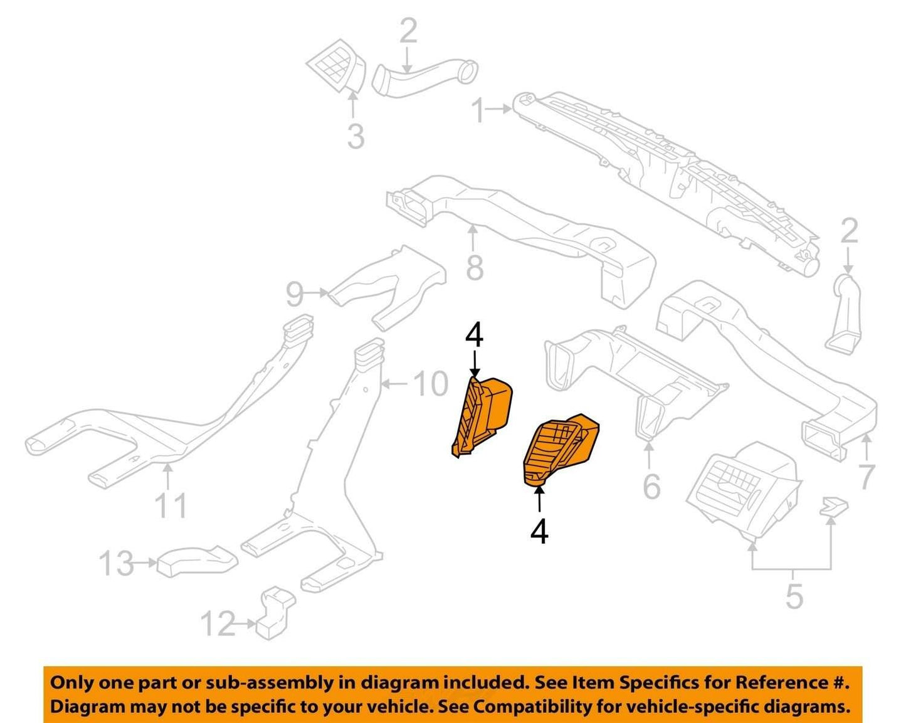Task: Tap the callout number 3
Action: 356,135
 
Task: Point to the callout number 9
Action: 295,294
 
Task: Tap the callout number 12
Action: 218,624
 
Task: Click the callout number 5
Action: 794,596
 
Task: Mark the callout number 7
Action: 866,477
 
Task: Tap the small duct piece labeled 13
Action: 197,561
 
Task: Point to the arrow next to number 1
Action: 498,108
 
